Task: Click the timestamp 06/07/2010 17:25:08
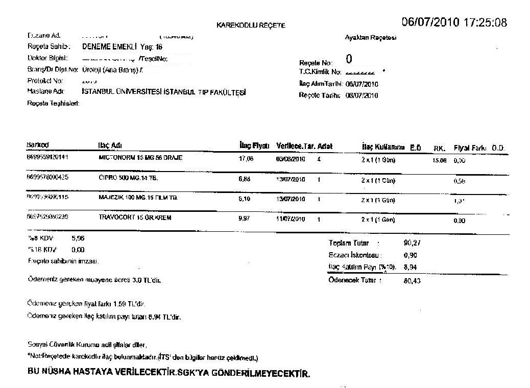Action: click(x=454, y=22)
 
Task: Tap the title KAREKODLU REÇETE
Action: click(x=251, y=25)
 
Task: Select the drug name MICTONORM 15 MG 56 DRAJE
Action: click(x=140, y=158)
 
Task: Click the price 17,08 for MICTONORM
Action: click(x=246, y=158)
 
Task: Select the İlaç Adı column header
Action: click(x=109, y=145)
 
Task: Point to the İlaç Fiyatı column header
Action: click(x=254, y=146)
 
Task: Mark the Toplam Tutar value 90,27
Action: click(x=412, y=243)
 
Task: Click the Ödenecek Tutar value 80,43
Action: click(x=412, y=280)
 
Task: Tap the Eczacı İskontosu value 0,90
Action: click(x=409, y=255)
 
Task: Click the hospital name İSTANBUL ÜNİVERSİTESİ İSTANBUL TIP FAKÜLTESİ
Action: click(x=164, y=92)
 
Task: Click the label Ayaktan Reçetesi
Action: click(x=371, y=37)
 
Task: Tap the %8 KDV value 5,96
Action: click(x=78, y=238)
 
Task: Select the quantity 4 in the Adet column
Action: click(x=319, y=159)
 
